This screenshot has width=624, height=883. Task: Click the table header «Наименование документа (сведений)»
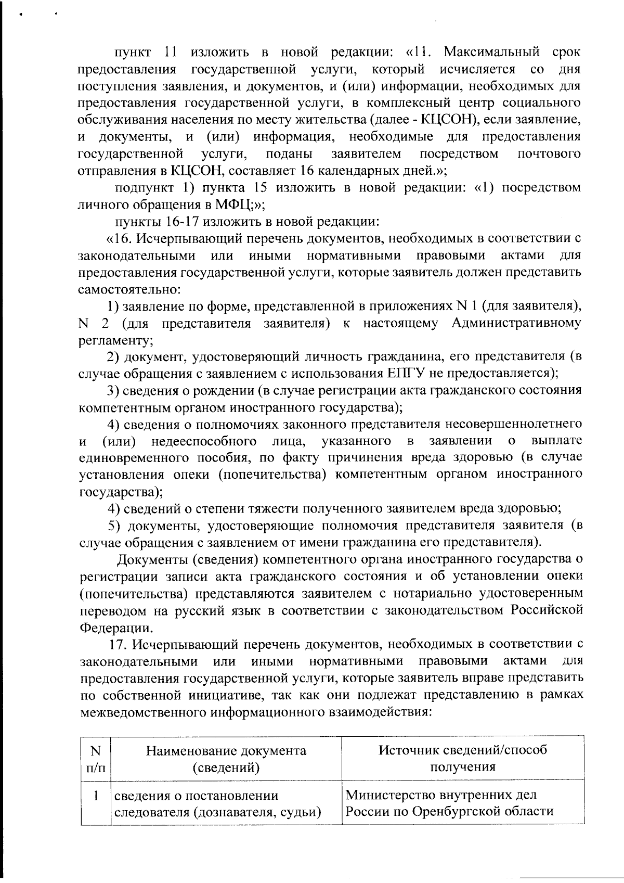(x=226, y=759)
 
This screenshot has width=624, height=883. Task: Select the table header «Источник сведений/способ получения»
(x=462, y=759)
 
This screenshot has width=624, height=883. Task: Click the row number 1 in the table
(x=95, y=796)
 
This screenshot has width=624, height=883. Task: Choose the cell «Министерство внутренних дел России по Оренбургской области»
(x=450, y=803)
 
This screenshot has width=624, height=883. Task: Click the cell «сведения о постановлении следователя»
(x=216, y=803)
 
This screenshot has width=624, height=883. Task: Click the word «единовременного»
(x=134, y=457)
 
